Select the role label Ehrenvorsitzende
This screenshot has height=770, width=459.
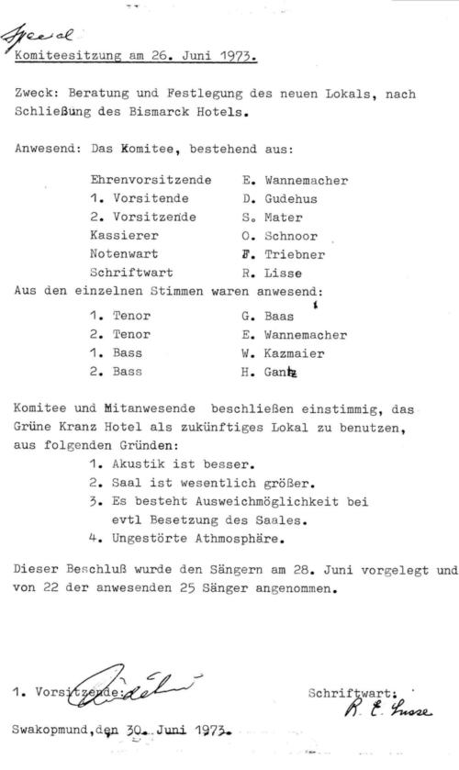point(151,181)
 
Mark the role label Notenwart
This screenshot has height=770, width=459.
point(124,253)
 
